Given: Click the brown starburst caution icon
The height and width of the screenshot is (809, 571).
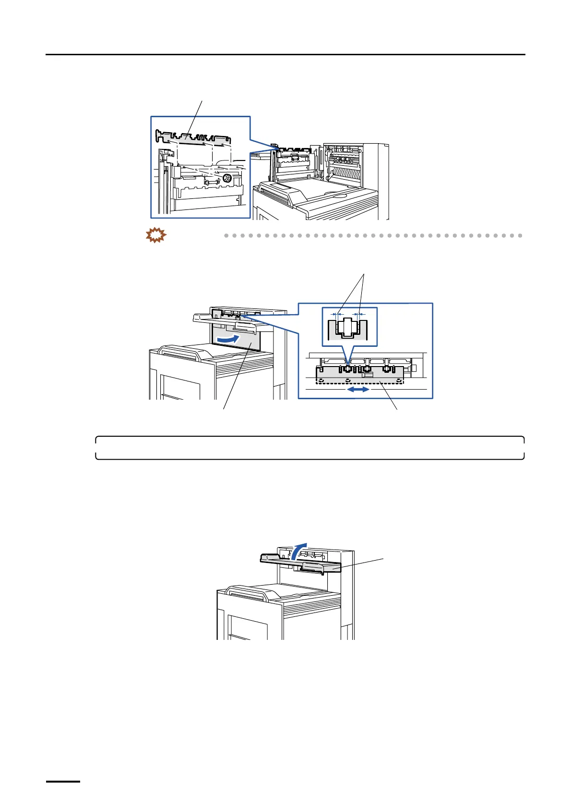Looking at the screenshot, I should pyautogui.click(x=155, y=235).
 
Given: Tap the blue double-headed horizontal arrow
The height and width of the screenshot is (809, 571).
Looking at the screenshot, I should pyautogui.click(x=358, y=390).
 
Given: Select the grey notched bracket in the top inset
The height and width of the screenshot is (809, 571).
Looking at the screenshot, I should pyautogui.click(x=192, y=138).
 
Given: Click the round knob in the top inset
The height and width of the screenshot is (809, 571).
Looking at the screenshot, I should pyautogui.click(x=227, y=178).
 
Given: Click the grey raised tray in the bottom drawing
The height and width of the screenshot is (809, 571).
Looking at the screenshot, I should pyautogui.click(x=300, y=564).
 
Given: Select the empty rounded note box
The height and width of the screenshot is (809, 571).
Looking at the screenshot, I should pyautogui.click(x=309, y=448).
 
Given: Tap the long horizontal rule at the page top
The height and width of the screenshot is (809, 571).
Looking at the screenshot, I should pyautogui.click(x=285, y=55).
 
